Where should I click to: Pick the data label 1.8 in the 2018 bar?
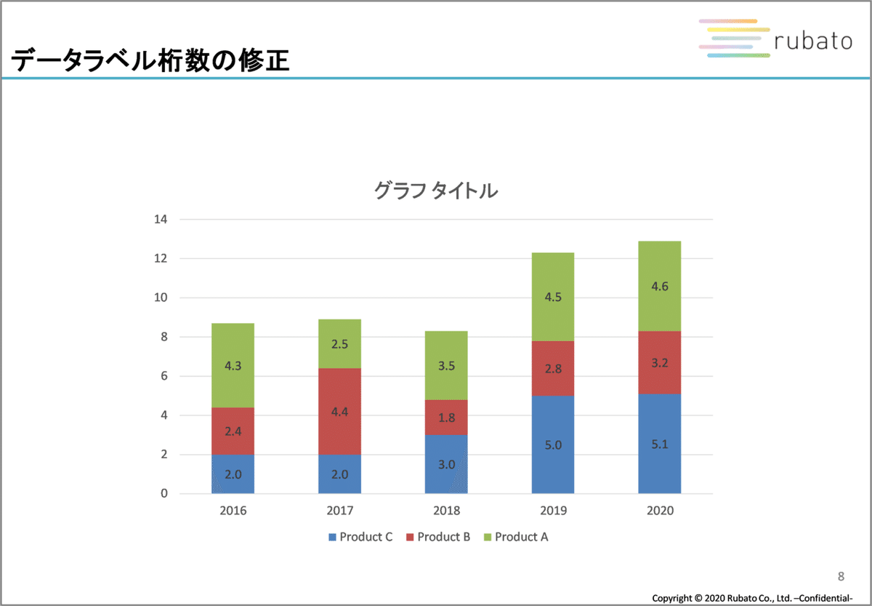coord(446,418)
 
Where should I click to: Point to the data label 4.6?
coord(660,286)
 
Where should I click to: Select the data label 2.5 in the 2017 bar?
coord(339,344)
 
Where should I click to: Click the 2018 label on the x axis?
coord(446,511)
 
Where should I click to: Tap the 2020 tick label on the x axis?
coord(660,511)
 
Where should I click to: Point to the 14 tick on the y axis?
coord(161,220)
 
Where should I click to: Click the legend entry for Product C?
coord(361,538)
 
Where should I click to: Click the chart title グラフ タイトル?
coord(435,191)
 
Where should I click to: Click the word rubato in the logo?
coord(812,42)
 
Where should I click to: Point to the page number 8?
coord(841,577)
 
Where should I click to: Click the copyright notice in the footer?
coord(752,598)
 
